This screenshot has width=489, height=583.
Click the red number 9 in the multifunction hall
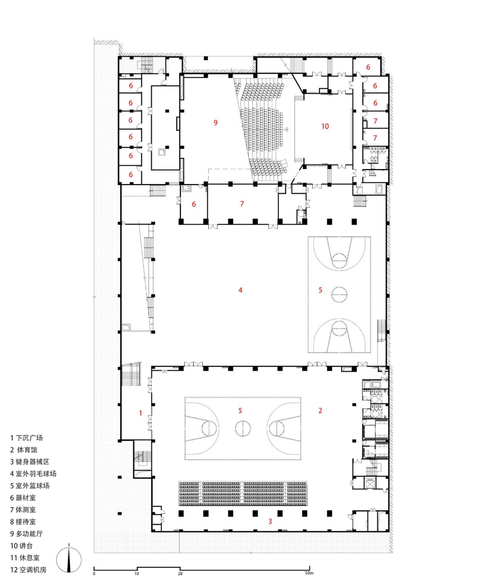(216, 122)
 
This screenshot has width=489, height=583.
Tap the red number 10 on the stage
(325, 126)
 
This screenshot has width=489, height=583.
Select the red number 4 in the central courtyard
(240, 290)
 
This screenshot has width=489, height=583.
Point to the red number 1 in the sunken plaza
(141, 413)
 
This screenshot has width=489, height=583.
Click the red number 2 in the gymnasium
(320, 410)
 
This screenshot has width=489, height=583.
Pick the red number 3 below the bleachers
(270, 521)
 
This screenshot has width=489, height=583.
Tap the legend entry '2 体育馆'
(24, 450)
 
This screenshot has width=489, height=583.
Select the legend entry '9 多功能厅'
(26, 534)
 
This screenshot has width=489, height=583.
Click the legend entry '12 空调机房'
(28, 570)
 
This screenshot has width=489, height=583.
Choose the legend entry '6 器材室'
(23, 498)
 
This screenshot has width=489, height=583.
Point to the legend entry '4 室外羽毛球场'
(33, 474)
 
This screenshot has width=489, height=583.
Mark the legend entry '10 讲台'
(21, 546)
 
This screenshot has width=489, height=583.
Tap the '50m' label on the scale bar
(309, 573)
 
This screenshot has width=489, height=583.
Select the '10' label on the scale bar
(137, 573)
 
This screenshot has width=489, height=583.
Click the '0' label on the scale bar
(94, 573)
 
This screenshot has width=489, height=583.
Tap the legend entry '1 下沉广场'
(26, 438)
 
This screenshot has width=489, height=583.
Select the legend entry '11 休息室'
(25, 558)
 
